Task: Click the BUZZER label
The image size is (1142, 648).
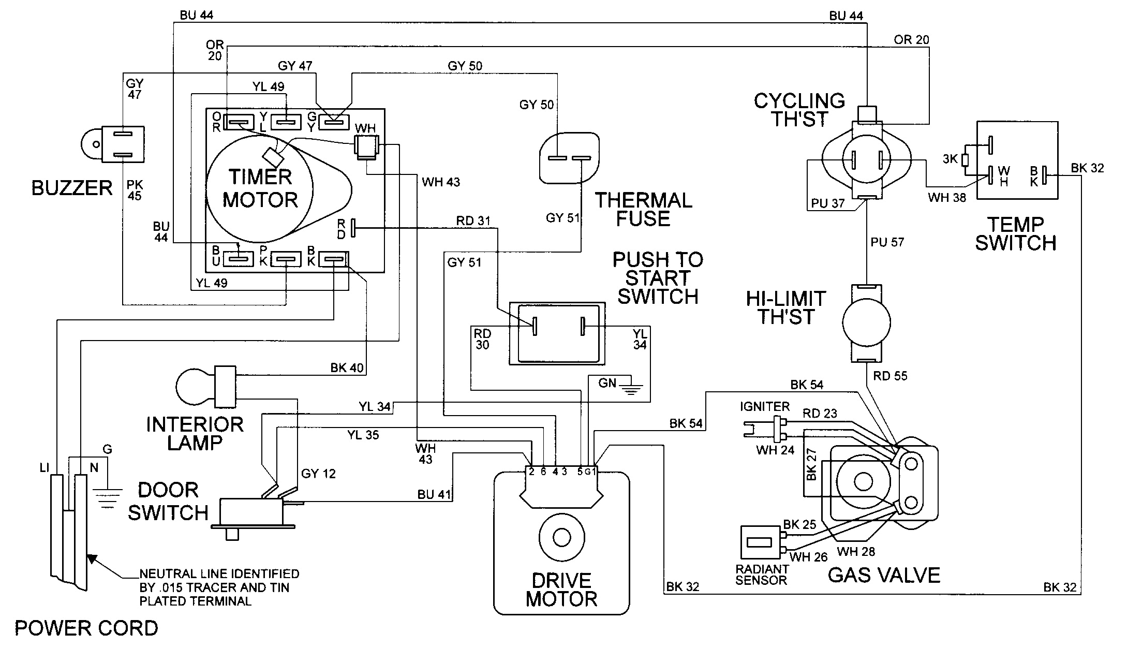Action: coord(72,188)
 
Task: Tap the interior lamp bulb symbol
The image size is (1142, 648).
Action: coord(194,386)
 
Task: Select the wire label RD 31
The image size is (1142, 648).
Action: coord(473,221)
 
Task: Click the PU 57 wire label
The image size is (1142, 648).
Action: coord(887,242)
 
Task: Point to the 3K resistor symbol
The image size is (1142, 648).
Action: coord(965,160)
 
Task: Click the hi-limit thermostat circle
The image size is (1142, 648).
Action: coord(866,323)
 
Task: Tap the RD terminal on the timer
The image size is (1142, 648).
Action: coord(353,227)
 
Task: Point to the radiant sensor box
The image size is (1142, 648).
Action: coord(760,544)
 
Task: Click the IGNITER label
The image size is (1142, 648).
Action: coord(764,407)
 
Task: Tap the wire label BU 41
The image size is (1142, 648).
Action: coord(434,494)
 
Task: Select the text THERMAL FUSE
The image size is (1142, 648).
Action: coord(643,210)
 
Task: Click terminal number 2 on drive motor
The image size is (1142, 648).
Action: coord(531,472)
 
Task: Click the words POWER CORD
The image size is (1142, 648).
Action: coord(86,628)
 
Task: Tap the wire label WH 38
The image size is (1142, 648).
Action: coord(946,197)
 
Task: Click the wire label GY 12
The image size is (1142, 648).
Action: coord(318,473)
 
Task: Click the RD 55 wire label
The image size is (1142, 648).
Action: coord(890,376)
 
